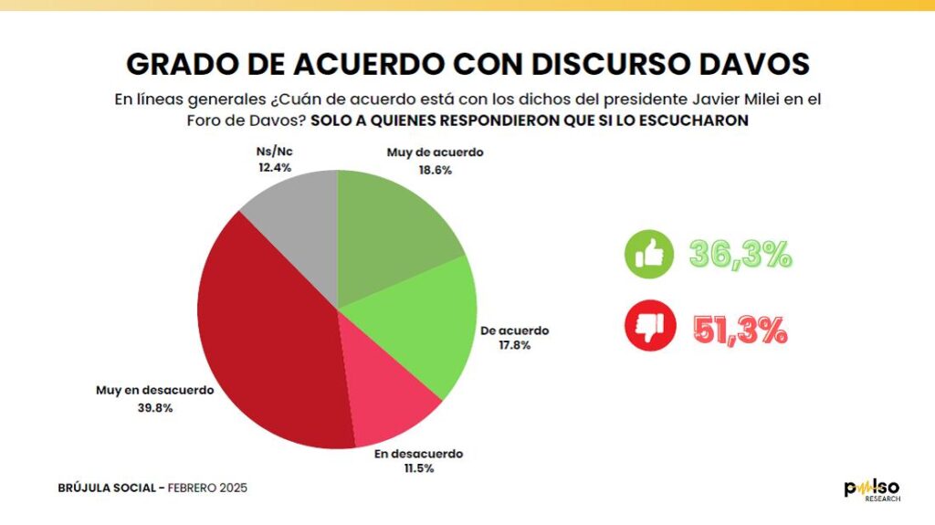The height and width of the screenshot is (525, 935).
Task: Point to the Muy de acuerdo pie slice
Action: pos(387,233)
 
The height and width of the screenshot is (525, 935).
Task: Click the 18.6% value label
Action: pos(436,171)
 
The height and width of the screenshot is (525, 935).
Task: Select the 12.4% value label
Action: pos(275,168)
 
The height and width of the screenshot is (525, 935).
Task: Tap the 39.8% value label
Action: pos(155,408)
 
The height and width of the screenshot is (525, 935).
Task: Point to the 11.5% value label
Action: pos(419,468)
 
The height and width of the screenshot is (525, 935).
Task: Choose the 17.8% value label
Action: pos(515,345)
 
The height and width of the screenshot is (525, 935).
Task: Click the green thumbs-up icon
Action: pos(649,254)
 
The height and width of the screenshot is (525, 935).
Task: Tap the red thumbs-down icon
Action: pos(650,326)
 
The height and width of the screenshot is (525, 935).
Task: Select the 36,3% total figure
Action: pos(741,255)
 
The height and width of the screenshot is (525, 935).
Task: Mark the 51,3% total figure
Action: pos(740,330)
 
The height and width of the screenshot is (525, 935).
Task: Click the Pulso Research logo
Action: pos(872,489)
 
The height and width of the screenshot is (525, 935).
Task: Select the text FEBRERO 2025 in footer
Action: pos(207,488)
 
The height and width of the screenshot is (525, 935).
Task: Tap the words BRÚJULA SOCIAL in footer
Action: pos(107,488)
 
